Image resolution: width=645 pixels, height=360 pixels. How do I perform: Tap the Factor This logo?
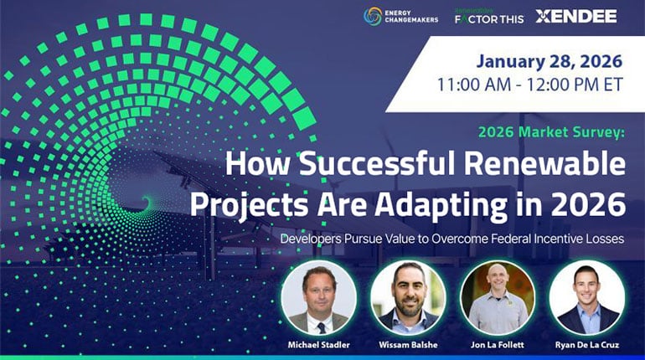click(488, 16)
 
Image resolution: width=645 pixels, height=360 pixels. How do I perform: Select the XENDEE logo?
click(576, 16)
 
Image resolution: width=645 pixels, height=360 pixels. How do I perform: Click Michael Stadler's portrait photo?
click(319, 298)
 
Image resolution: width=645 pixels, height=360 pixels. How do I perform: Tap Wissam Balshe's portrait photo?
click(408, 298)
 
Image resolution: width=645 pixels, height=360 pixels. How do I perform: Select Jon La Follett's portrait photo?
click(498, 298)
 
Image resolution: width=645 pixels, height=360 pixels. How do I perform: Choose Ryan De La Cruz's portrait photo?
click(586, 298)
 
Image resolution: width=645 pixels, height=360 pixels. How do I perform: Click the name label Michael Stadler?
click(319, 346)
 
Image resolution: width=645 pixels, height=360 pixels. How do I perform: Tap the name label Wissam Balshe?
click(408, 346)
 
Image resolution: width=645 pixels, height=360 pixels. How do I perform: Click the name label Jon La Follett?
click(498, 346)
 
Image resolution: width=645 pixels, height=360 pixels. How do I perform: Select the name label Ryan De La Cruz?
click(586, 346)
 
